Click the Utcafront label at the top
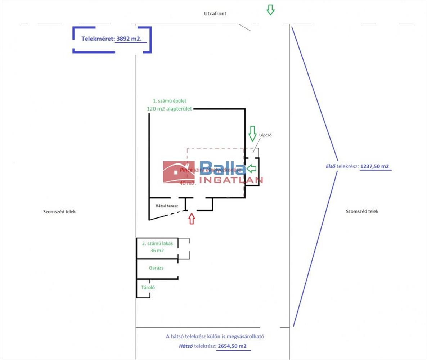(215, 14)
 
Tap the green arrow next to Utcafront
(270, 10)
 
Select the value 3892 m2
(131, 39)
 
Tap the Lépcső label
(265, 136)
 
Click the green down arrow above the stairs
(252, 134)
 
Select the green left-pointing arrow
(251, 168)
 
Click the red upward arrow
(192, 218)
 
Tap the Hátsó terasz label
(167, 206)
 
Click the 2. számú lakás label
(157, 243)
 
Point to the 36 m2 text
(157, 251)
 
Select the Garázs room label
(156, 268)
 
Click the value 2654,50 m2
(232, 346)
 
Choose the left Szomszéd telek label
(59, 212)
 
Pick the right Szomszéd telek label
(362, 212)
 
